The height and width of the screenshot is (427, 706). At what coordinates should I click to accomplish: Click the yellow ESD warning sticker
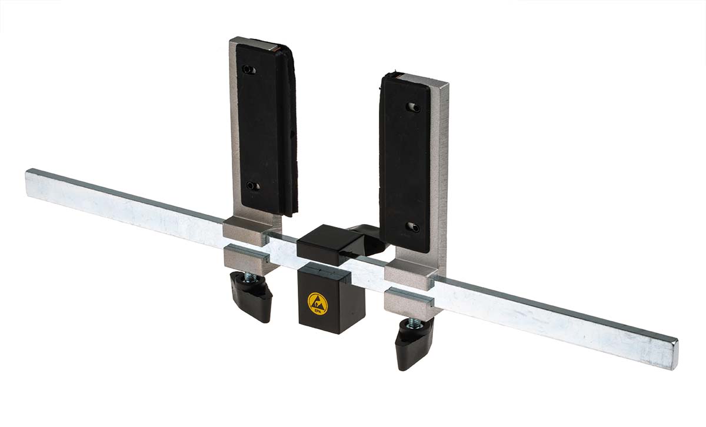coord(317,304)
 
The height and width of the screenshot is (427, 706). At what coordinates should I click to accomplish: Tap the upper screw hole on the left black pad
coord(249,69)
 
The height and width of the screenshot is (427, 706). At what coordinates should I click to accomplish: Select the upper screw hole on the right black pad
coord(414,107)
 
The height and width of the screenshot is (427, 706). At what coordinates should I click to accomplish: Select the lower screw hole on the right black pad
coord(413,226)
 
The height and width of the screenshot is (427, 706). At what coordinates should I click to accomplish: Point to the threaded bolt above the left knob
coord(251,277)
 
